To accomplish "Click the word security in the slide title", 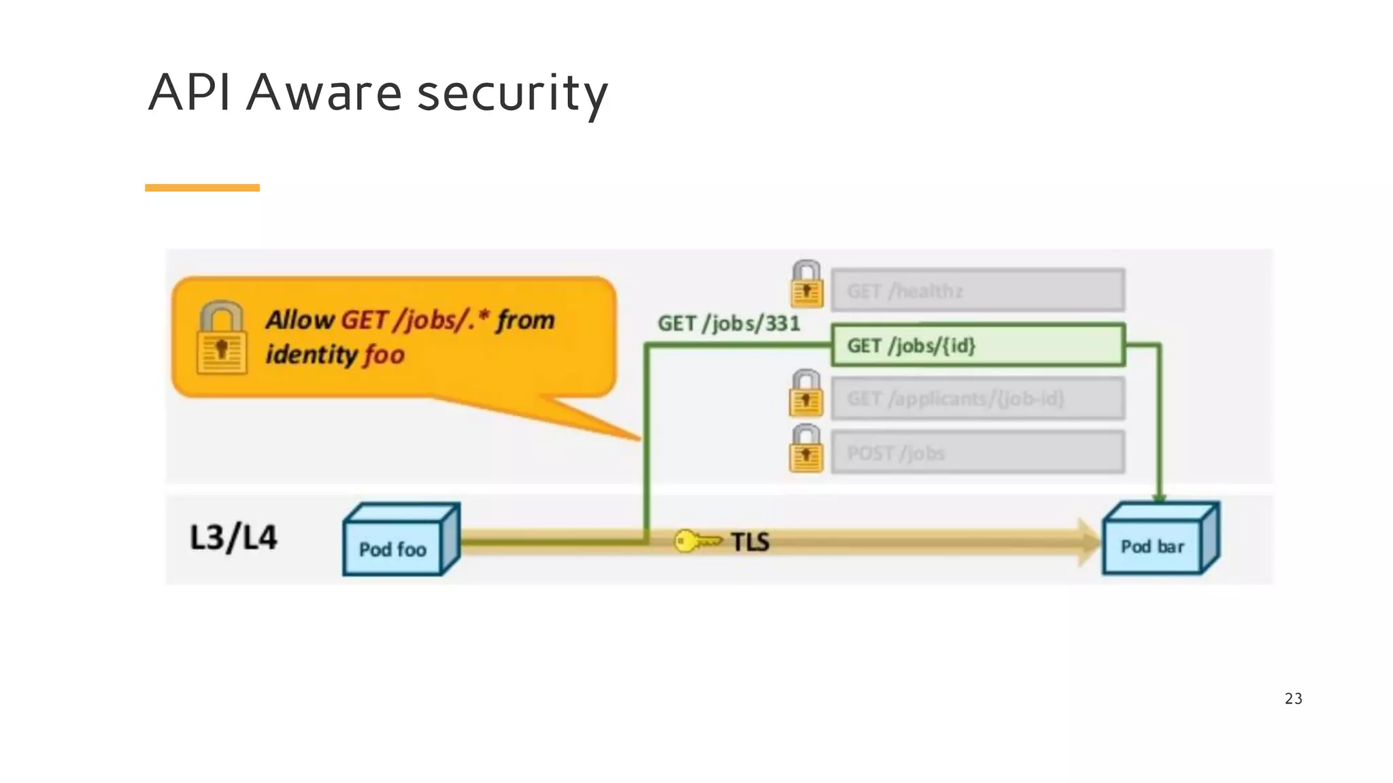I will (511, 93).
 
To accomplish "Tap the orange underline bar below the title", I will (202, 188).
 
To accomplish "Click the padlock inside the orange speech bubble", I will (221, 338).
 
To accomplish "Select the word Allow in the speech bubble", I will (299, 319).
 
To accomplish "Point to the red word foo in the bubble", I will (384, 355).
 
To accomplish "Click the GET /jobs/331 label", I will (728, 324).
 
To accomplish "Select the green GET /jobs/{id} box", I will (977, 345).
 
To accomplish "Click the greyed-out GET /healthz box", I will (977, 291).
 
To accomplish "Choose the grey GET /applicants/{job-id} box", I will (977, 399).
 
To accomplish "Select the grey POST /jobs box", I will (977, 453).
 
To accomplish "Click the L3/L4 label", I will (233, 538).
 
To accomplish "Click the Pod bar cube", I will (1159, 540).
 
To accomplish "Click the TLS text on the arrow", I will (750, 542).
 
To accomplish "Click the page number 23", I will (1293, 699).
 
